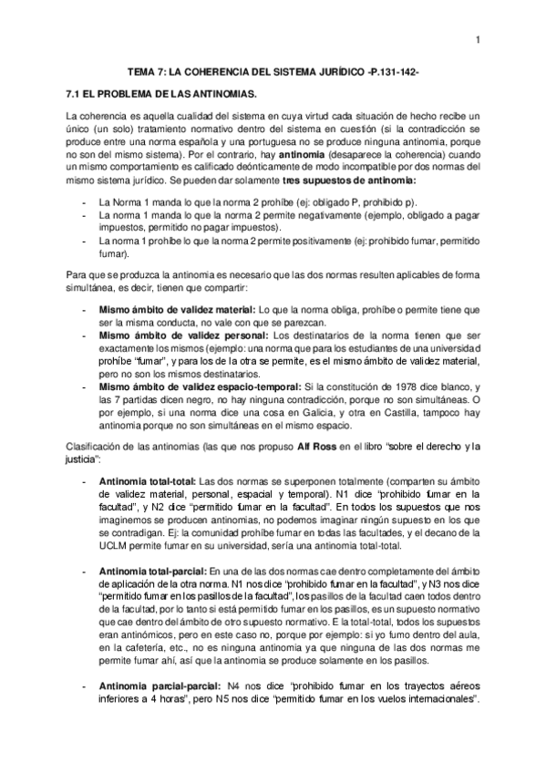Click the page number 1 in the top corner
click(x=478, y=37)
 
